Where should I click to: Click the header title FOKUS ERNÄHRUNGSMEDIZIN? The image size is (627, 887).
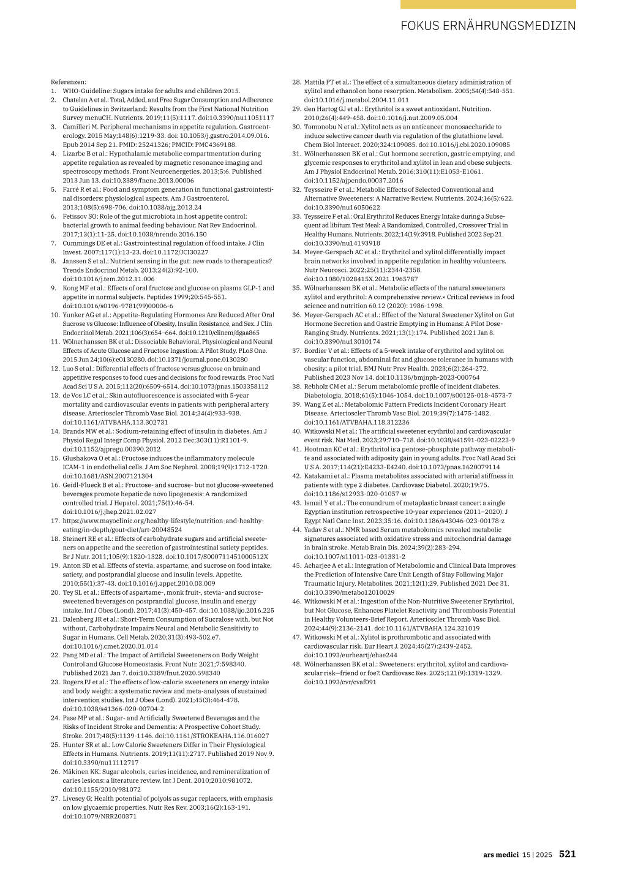pos(488,26)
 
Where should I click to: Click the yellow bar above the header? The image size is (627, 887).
pos(488,4)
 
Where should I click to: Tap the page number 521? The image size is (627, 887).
pos(567,854)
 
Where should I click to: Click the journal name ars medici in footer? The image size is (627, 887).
pos(500,855)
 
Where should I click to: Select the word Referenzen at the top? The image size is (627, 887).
pos(69,81)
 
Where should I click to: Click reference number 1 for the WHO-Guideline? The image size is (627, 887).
pos(54,91)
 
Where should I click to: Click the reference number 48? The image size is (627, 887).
pos(296,664)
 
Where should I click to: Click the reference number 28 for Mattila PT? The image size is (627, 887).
pos(296,82)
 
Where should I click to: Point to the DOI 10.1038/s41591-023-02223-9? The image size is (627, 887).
pos(466,440)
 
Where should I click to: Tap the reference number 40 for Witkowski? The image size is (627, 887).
pos(296,431)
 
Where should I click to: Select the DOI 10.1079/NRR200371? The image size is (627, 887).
pos(100,816)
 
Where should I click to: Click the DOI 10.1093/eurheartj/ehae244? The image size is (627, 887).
pos(351,655)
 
